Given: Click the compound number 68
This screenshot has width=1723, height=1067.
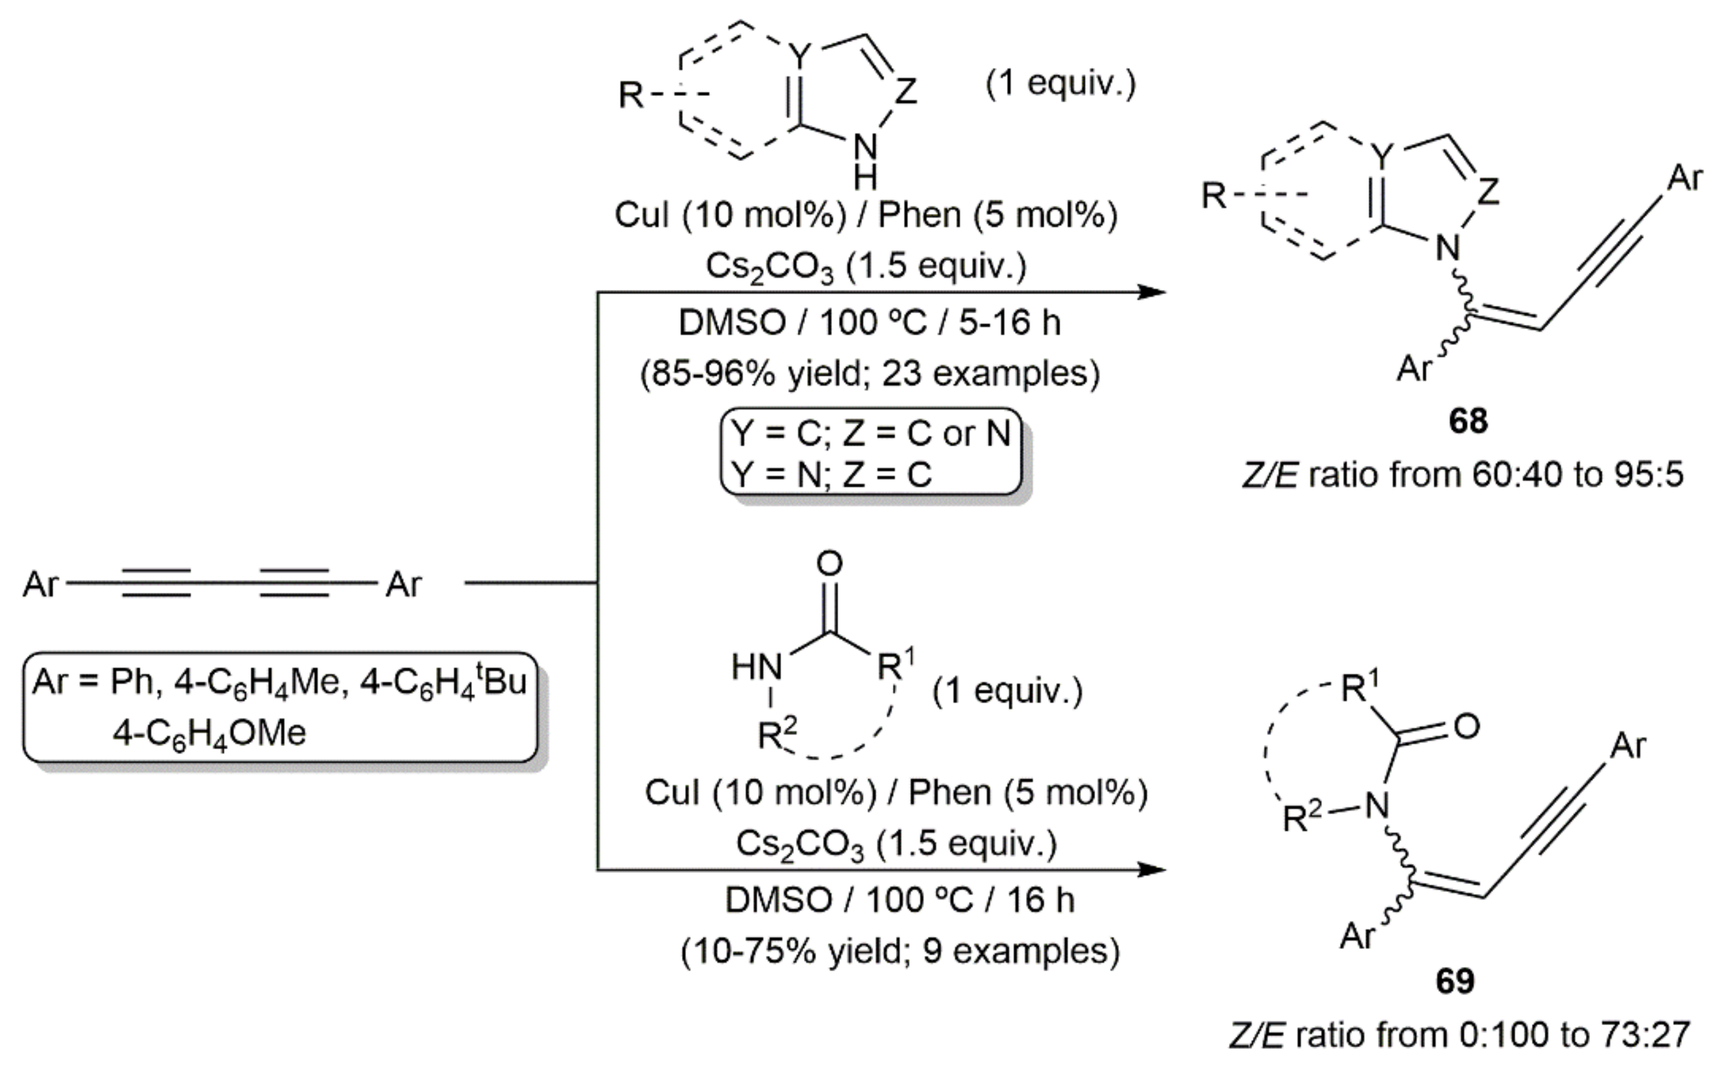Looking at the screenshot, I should pyautogui.click(x=1468, y=421).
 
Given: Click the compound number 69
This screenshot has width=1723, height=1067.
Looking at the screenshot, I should pyautogui.click(x=1456, y=981).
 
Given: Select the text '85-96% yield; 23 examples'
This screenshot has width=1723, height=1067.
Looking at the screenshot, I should pyautogui.click(x=870, y=373).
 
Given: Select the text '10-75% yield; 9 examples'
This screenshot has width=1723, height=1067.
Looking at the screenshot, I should pyautogui.click(x=900, y=951).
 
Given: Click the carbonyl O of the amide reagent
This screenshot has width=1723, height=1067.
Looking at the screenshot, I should pyautogui.click(x=830, y=563).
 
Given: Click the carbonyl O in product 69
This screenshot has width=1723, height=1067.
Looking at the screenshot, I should pyautogui.click(x=1467, y=727).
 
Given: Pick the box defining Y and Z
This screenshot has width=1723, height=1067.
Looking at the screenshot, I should pyautogui.click(x=871, y=452).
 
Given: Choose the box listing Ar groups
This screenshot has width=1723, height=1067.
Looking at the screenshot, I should pyautogui.click(x=280, y=707).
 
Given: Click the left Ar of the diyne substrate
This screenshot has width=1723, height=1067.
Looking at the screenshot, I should pyautogui.click(x=40, y=584).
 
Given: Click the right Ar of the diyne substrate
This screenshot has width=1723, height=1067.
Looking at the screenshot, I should pyautogui.click(x=403, y=584).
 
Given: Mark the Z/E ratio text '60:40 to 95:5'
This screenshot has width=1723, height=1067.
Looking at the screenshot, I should pyautogui.click(x=1578, y=475).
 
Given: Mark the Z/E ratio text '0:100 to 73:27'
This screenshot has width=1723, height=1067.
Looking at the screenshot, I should pyautogui.click(x=1574, y=1035).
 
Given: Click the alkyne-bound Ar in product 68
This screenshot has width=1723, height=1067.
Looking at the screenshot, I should pyautogui.click(x=1685, y=178).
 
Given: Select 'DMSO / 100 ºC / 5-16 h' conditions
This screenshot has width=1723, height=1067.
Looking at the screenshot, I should pyautogui.click(x=870, y=323).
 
